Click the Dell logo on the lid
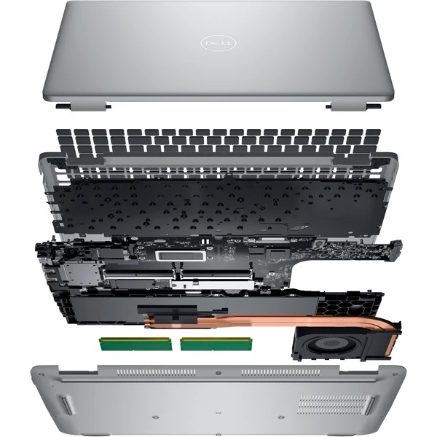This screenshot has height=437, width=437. [219, 43]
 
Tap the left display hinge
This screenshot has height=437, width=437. [83, 106]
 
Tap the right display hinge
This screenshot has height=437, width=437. [353, 106]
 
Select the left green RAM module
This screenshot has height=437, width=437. [135, 344]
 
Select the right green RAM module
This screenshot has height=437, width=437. [216, 344]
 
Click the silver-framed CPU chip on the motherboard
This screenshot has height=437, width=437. [181, 256]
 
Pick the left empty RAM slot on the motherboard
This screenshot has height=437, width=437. [138, 274]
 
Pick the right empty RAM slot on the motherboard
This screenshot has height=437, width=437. [217, 274]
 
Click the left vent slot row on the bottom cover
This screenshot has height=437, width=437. [156, 372]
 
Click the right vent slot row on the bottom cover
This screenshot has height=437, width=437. [280, 372]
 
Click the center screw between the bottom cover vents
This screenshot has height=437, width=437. [219, 373]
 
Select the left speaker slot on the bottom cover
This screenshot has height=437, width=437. [66, 406]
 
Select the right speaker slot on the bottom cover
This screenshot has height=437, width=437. [371, 406]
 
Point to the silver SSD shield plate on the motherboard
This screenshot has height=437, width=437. [213, 285]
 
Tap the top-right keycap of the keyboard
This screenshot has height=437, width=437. [373, 133]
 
